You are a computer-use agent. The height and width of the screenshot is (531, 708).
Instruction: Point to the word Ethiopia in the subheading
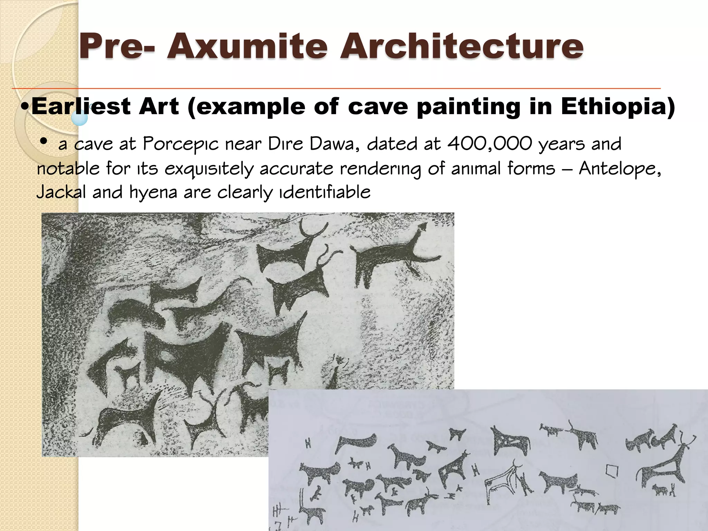point(617,106)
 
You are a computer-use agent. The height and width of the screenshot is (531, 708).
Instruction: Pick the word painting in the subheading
point(468,107)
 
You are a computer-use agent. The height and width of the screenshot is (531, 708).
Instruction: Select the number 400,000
point(489,144)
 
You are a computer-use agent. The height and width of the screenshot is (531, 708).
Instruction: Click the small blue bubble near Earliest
point(80,118)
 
